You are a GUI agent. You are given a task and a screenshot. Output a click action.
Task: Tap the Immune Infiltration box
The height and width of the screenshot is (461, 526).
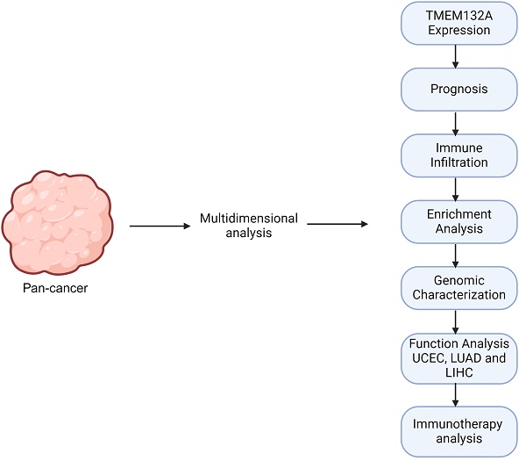[x=456, y=155]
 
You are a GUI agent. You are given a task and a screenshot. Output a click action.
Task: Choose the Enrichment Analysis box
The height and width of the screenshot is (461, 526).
[x=456, y=221]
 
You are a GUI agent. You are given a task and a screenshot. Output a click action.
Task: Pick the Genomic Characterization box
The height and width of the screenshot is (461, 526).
[x=456, y=287]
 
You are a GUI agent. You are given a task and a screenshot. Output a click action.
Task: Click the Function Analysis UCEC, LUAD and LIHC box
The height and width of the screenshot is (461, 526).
[x=456, y=358]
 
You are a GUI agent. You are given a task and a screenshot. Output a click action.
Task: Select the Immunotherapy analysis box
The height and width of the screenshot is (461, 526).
[x=456, y=430]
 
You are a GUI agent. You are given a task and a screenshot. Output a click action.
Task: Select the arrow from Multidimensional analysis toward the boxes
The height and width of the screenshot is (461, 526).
[x=337, y=226]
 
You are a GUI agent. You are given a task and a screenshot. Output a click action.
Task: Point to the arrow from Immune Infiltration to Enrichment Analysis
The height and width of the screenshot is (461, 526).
[x=456, y=188]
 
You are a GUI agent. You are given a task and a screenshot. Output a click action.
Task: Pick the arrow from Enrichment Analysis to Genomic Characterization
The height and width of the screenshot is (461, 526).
[x=456, y=255]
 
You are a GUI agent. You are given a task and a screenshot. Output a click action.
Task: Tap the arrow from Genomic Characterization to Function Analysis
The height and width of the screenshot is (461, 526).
[x=456, y=321]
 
